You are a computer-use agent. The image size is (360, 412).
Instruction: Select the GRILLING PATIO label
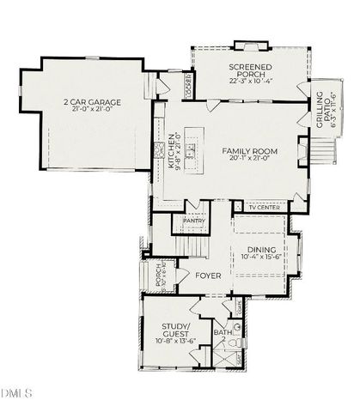pos(326,112)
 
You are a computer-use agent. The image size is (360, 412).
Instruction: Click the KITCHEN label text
pos(173,147)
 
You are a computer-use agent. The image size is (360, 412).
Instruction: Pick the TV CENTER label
pos(264,207)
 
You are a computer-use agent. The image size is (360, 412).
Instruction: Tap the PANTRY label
pos(193,221)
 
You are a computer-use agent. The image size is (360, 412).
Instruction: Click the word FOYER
pos(208,276)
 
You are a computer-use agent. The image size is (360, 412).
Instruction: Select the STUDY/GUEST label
pos(180,329)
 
